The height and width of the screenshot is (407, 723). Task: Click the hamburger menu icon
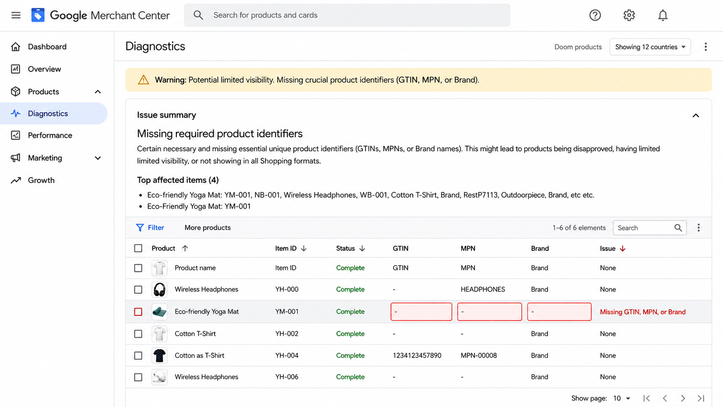pyautogui.click(x=16, y=15)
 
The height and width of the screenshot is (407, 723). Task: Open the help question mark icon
pyautogui.click(x=595, y=15)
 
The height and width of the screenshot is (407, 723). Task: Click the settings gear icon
pyautogui.click(x=629, y=15)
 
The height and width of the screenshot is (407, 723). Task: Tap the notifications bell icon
pyautogui.click(x=662, y=15)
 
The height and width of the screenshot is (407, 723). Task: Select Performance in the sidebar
pyautogui.click(x=50, y=135)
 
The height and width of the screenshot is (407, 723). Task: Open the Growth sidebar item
pyautogui.click(x=41, y=180)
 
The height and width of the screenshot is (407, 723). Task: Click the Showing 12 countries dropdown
pyautogui.click(x=650, y=47)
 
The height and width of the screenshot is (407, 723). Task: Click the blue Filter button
pyautogui.click(x=150, y=228)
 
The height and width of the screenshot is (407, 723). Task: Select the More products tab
pyautogui.click(x=208, y=228)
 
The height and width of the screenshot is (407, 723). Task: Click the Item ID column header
pyautogui.click(x=286, y=248)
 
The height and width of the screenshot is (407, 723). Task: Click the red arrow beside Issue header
pyautogui.click(x=623, y=248)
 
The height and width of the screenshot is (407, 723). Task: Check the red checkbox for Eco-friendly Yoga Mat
pyautogui.click(x=138, y=312)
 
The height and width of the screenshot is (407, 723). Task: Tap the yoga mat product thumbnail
pyautogui.click(x=160, y=311)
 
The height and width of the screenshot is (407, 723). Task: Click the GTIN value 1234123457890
pyautogui.click(x=417, y=356)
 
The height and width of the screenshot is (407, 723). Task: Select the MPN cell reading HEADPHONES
pyautogui.click(x=483, y=289)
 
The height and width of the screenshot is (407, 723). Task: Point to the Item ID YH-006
pyautogui.click(x=287, y=377)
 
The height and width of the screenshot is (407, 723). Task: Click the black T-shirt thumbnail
pyautogui.click(x=160, y=356)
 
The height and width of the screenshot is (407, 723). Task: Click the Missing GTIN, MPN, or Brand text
pyautogui.click(x=643, y=312)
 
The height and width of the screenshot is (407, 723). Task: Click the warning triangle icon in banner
pyautogui.click(x=143, y=80)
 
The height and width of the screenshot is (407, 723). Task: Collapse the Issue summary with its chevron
pyautogui.click(x=696, y=115)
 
